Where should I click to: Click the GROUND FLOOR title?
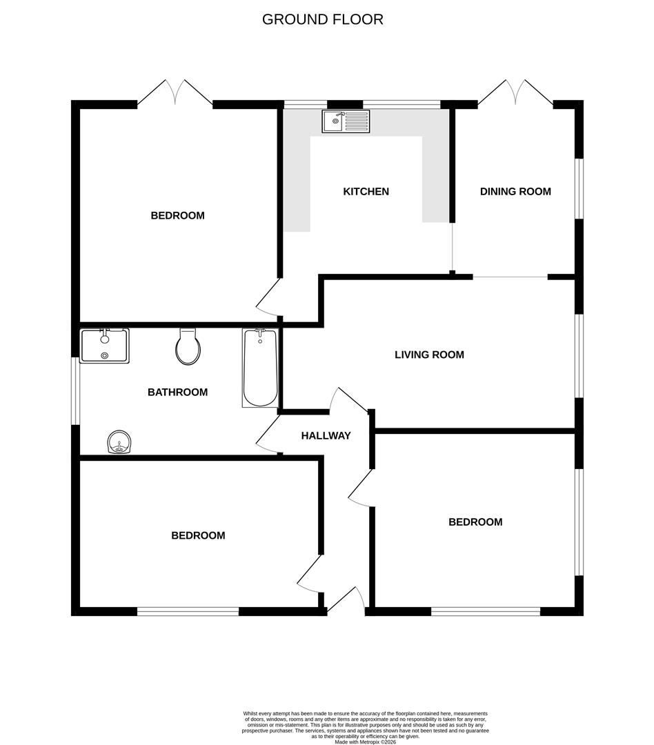(322, 19)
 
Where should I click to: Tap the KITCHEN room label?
(366, 191)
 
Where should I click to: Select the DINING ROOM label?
(515, 191)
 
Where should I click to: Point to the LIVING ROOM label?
(429, 355)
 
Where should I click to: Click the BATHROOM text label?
(177, 392)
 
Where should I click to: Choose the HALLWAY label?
(326, 435)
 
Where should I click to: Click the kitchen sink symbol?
(346, 121)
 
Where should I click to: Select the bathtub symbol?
(260, 368)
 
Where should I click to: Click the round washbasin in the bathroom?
(120, 442)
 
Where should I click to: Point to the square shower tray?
(104, 346)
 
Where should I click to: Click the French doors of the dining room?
(515, 94)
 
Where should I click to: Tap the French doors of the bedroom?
(175, 94)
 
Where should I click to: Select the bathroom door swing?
(268, 435)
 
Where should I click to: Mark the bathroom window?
(77, 390)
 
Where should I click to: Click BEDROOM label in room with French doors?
(177, 215)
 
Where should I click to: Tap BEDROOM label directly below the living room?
(475, 521)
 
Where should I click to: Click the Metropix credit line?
(366, 742)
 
